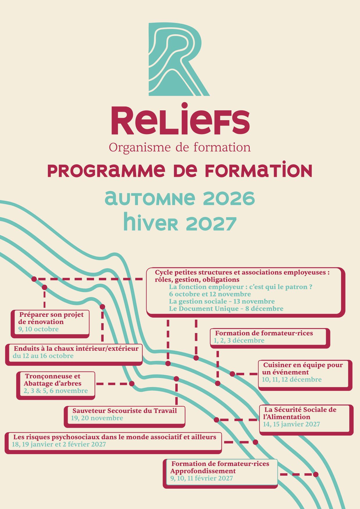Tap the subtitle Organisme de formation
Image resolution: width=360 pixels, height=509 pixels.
180,147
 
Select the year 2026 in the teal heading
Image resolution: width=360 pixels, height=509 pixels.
229,199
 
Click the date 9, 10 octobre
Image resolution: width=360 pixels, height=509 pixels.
38,329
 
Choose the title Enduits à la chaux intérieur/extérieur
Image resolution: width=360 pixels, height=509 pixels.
76,348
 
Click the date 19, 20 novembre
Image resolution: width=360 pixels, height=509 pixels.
97,418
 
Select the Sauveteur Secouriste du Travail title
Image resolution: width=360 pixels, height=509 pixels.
125,411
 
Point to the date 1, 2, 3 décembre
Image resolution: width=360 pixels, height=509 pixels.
239,340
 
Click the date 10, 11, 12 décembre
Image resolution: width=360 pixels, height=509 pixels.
292,379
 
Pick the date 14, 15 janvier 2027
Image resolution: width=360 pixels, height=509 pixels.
291,424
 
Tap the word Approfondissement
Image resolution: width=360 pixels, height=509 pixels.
203,471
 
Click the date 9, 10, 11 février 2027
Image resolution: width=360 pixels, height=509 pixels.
201,478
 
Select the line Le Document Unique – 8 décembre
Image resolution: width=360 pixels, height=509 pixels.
226,308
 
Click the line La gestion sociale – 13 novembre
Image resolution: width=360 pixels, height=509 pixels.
222,301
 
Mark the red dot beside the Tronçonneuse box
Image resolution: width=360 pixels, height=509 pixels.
132,384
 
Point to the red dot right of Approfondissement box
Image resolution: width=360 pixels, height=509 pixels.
316,474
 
